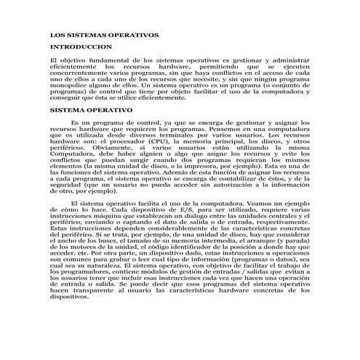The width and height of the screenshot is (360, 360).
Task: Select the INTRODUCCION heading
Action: [76, 46]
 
